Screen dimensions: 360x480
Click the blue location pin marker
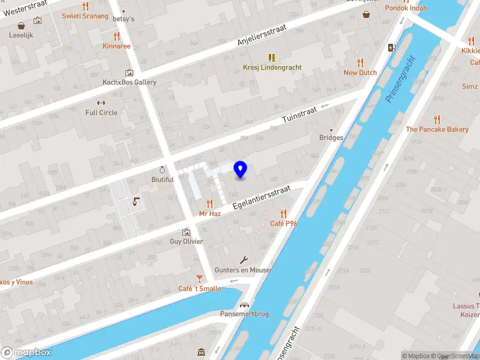pos(240,170)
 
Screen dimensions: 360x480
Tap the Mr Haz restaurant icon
pos(209,203)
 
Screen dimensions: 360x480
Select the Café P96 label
pos(284,224)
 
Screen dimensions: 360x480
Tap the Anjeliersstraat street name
pos(262,37)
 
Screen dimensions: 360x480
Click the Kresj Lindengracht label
pos(272,67)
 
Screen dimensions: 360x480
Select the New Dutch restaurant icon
pos(360,62)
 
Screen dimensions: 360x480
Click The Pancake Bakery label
pos(437,129)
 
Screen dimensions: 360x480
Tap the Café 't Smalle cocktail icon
pos(199,278)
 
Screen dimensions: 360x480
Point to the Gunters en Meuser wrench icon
pos(244,260)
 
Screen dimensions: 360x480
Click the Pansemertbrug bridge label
pos(244,314)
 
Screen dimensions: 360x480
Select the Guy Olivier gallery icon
pos(186,231)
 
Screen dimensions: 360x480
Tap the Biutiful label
pos(163,179)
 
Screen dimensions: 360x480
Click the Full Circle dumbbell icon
pos(101,102)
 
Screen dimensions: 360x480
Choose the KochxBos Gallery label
pos(130,82)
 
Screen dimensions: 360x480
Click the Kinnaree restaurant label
pos(116,46)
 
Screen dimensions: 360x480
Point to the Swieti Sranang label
pos(85,16)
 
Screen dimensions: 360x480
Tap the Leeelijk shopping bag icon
pos(22,26)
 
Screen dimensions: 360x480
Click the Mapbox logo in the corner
pos(26,353)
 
